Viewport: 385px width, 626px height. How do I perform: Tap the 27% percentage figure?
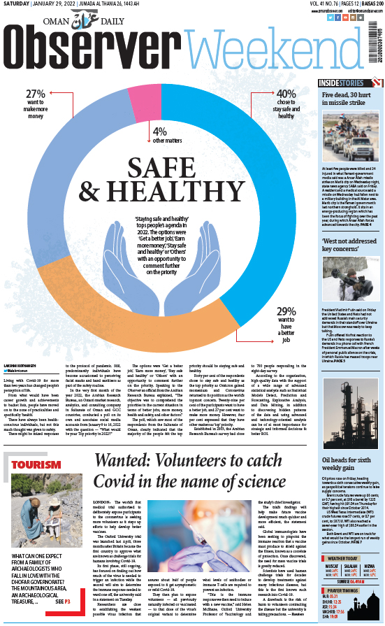(x=36, y=94)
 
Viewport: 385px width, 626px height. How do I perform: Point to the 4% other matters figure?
(x=160, y=131)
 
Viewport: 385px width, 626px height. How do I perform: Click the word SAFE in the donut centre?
(x=168, y=166)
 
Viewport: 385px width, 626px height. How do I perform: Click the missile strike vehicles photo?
(x=349, y=136)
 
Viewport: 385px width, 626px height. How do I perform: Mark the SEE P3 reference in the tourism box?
(x=63, y=620)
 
